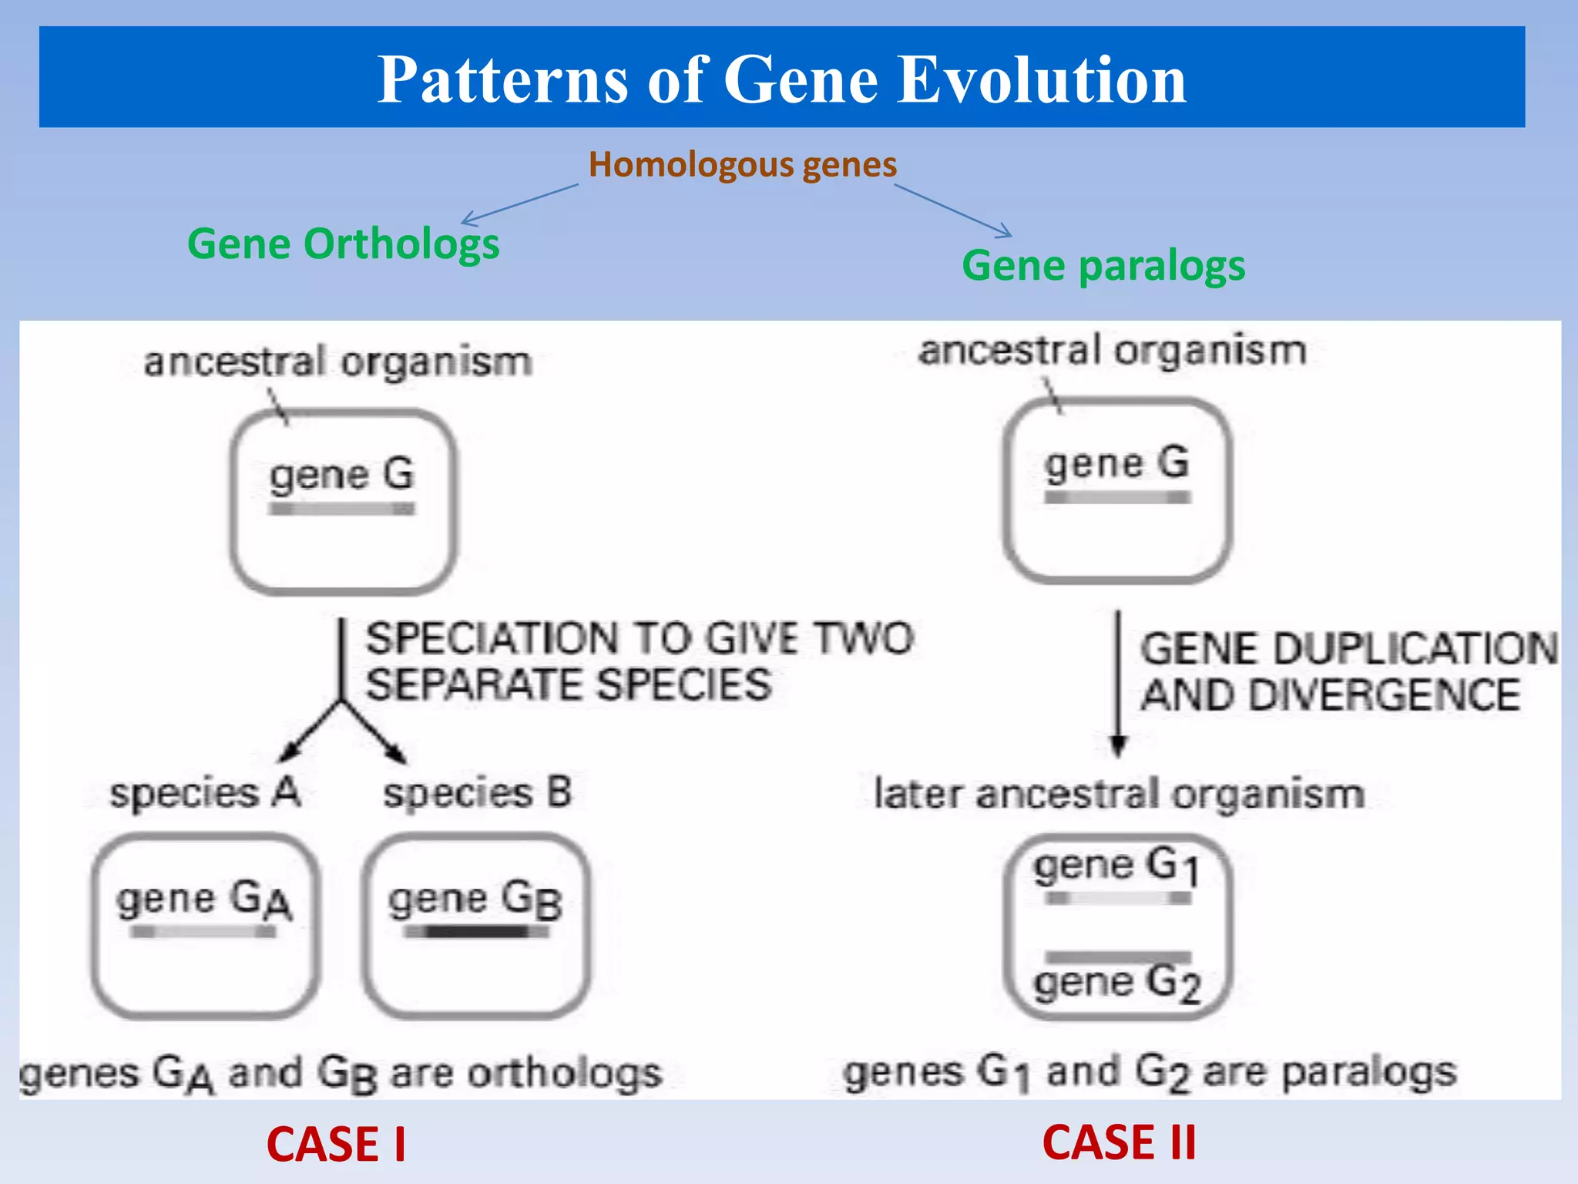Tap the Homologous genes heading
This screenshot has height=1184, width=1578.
pos(742,164)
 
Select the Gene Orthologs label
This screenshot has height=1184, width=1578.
pos(343,244)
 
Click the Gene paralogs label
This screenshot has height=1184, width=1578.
pos(1103,266)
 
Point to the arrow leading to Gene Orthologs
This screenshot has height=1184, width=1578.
pos(519,204)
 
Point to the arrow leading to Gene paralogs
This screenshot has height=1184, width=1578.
pos(953,210)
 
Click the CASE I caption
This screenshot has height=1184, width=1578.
pos(336,1144)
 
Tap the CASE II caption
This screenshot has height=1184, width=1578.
pos(1119,1142)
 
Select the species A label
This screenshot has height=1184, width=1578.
pos(204,793)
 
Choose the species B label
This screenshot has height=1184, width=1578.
pos(478,793)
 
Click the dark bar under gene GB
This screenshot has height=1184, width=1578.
pos(476,932)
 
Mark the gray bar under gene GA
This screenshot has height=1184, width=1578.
pos(203,932)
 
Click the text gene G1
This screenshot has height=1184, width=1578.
pos(1116,866)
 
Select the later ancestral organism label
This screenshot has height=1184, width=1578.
pos(1119,794)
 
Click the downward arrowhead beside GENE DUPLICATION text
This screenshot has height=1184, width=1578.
pos(1119,745)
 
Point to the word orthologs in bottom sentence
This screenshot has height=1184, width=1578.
pos(565,1073)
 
